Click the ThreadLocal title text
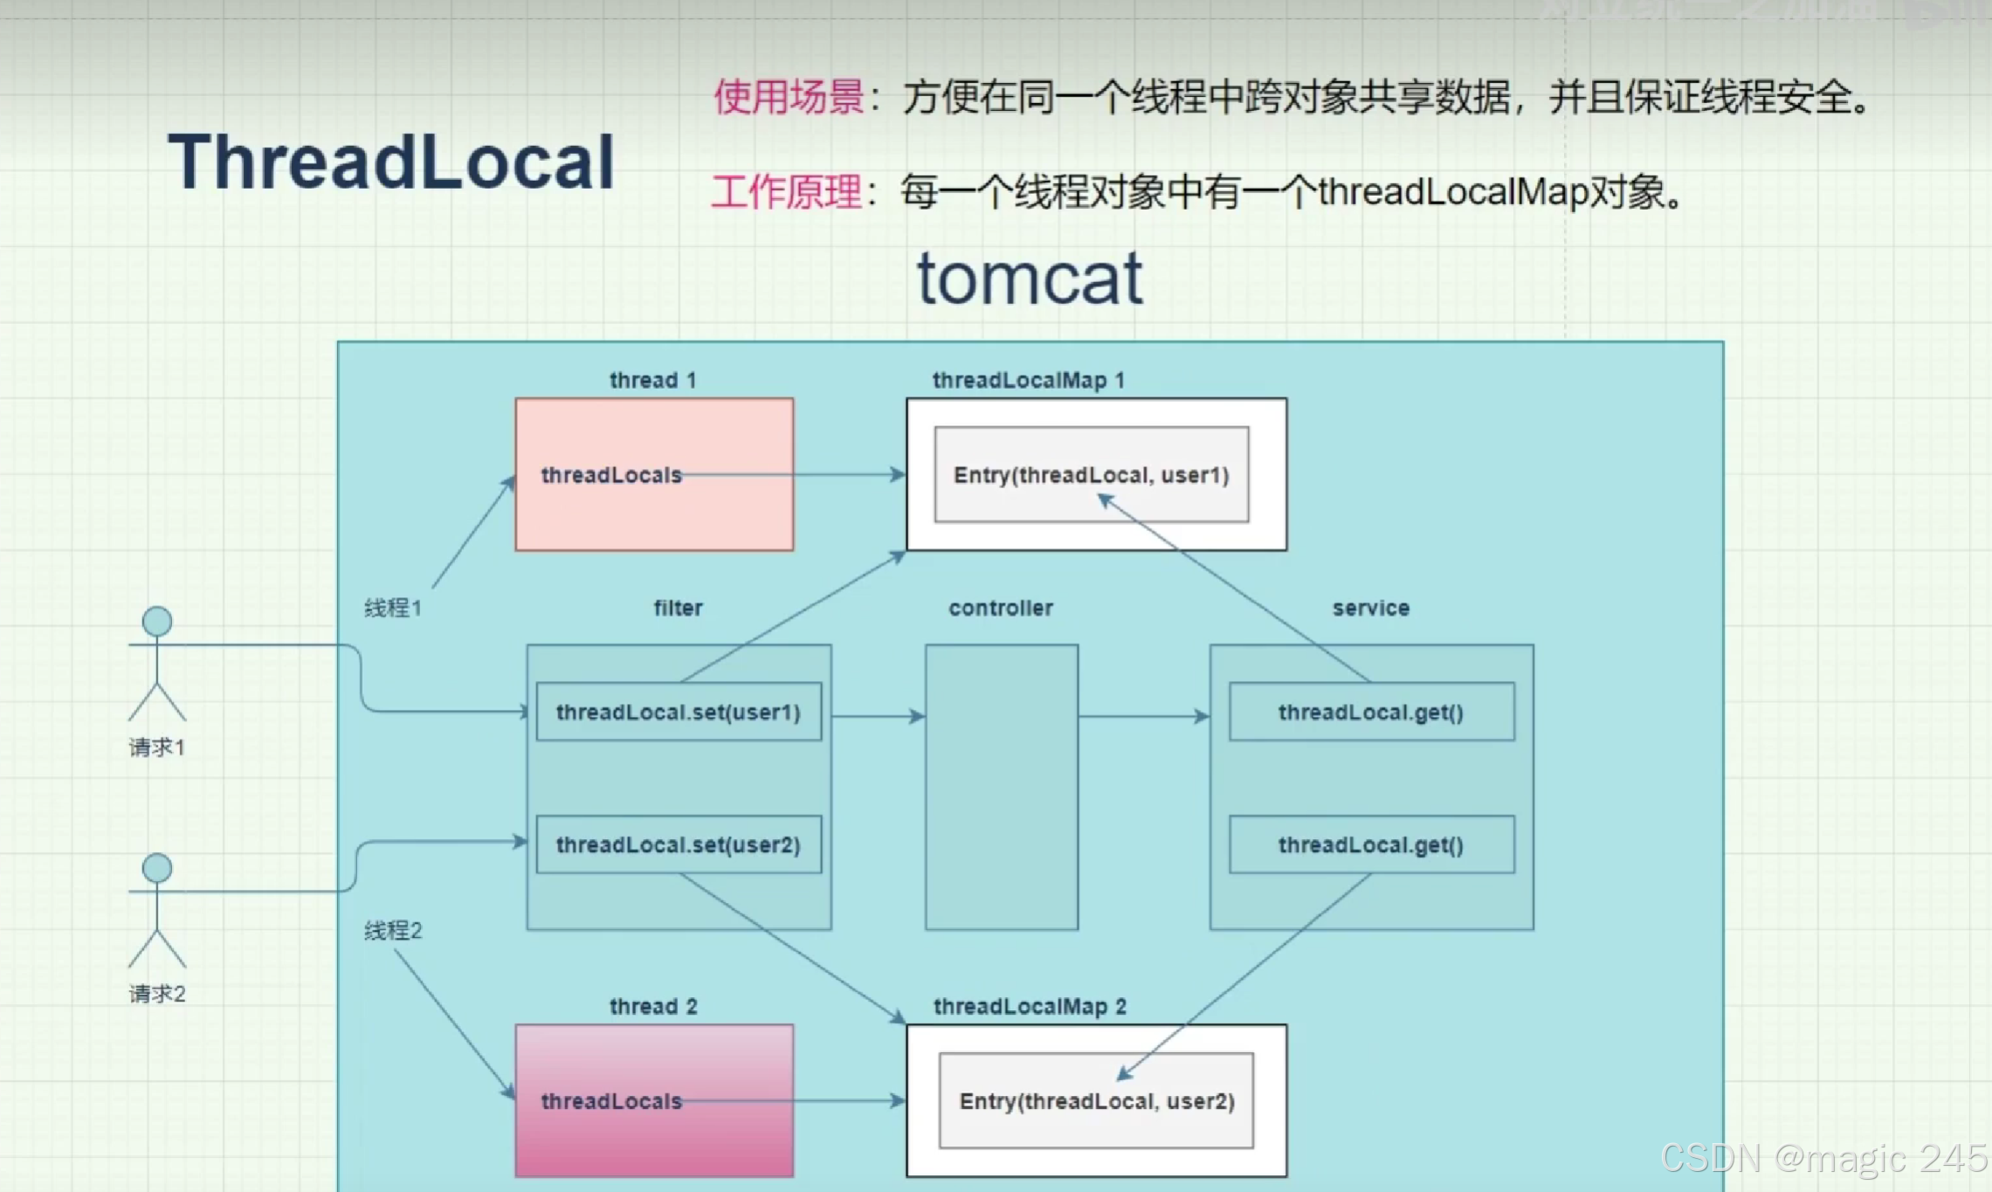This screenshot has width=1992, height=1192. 391,162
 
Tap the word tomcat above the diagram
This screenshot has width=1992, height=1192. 1030,278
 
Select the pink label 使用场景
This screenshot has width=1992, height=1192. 789,97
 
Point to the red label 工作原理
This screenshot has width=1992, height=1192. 786,192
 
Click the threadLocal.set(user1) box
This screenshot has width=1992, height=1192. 679,712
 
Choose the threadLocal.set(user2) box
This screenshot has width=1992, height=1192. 679,844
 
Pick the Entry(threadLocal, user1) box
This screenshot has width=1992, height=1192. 1091,475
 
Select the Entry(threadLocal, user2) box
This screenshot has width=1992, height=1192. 1096,1101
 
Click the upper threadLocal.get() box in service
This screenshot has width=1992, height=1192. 1371,712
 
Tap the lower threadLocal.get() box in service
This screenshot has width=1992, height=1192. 1371,844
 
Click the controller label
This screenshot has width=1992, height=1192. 1001,608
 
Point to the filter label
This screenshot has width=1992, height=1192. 678,608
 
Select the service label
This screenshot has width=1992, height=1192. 1370,608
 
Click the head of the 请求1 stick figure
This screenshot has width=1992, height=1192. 157,621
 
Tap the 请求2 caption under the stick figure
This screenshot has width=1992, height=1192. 157,994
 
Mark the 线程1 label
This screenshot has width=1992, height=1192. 393,608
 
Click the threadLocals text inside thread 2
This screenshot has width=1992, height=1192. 611,1101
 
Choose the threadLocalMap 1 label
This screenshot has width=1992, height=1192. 1028,380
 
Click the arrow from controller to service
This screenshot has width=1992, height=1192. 1144,716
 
